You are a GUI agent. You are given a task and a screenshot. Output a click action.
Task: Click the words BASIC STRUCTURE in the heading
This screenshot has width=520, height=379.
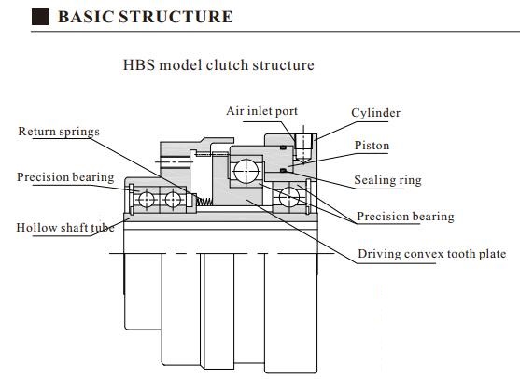145,18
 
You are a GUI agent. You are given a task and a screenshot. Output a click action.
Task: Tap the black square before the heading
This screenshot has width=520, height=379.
40,18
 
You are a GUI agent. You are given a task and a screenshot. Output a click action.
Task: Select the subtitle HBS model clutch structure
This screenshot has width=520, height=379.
218,66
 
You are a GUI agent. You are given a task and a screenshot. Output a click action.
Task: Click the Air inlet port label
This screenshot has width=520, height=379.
262,111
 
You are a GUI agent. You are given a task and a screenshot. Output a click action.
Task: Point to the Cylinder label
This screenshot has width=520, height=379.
375,113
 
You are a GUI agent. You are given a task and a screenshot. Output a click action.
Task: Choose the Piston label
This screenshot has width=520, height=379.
372,146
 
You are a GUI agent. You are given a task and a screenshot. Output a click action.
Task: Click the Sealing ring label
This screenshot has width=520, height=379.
387,180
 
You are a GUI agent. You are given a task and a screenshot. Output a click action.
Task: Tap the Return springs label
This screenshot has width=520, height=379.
59,132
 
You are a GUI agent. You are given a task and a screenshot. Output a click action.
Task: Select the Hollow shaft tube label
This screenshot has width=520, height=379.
58,227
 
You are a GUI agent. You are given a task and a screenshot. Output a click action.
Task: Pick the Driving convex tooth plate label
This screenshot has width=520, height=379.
432,254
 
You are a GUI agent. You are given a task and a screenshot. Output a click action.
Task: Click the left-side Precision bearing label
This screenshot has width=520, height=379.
65,177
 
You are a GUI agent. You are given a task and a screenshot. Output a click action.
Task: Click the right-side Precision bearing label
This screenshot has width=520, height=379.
405,217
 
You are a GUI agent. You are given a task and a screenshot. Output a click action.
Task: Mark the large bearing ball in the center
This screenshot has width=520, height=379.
247,171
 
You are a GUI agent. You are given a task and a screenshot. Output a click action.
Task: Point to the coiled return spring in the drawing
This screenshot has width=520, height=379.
200,200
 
